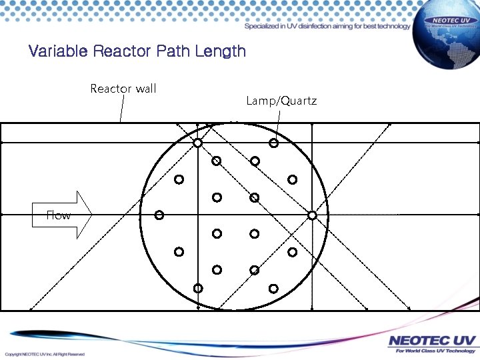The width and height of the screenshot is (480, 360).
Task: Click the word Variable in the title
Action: point(59,51)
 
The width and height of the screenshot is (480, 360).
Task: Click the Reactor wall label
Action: point(123,89)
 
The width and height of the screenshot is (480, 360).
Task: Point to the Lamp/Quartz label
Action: point(281,101)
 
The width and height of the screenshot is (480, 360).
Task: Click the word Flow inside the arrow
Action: point(58,215)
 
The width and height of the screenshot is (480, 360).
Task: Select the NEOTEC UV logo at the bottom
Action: point(432,341)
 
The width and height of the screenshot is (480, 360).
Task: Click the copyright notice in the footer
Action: point(45,354)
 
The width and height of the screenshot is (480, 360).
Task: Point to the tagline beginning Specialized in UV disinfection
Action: point(327,27)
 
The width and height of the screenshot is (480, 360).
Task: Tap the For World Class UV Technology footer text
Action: point(432,351)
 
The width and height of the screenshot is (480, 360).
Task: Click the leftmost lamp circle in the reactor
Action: point(159,215)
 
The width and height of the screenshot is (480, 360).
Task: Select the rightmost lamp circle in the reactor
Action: point(312,215)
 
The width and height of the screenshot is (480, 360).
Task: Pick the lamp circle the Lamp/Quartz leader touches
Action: point(274,143)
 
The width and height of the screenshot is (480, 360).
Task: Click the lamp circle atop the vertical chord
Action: point(198,143)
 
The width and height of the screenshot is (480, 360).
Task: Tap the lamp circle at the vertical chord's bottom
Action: point(198,288)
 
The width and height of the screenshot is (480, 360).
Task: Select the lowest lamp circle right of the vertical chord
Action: point(274,288)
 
